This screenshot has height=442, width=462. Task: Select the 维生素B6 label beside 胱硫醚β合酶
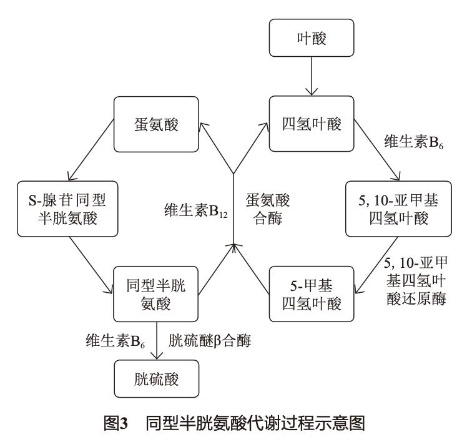click(114, 340)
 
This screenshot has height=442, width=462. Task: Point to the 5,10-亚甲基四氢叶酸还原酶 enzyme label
click(415, 278)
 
